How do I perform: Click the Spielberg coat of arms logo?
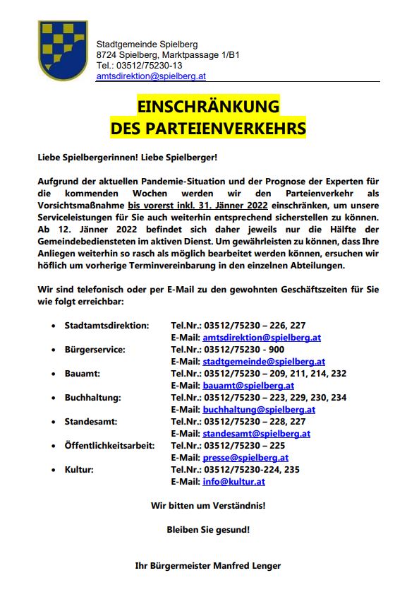(x=62, y=50)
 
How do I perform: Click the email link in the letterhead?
(x=151, y=76)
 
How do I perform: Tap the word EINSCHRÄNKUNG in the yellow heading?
(x=208, y=107)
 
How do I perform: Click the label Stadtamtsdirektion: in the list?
(x=107, y=326)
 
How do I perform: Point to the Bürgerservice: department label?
(x=95, y=350)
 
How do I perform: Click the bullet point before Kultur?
(x=54, y=470)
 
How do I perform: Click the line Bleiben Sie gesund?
(x=208, y=528)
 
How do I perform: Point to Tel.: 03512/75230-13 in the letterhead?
(x=140, y=65)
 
